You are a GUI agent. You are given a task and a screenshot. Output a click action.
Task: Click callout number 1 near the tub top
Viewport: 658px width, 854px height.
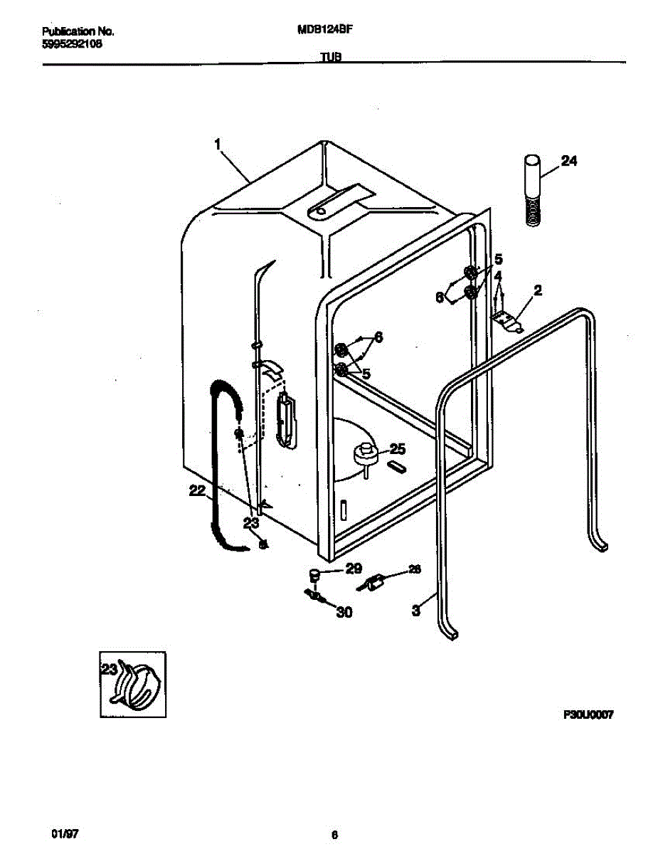[218, 144]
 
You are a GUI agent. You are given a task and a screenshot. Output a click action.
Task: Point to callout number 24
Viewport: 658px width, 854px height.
[568, 162]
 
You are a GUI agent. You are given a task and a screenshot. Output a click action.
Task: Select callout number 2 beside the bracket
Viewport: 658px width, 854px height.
[537, 290]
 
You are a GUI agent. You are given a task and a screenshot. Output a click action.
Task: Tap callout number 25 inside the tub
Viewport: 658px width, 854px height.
[397, 449]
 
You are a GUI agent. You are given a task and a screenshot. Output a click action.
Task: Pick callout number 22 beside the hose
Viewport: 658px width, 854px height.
[197, 490]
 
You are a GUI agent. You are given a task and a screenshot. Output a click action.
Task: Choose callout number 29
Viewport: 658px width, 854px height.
[354, 569]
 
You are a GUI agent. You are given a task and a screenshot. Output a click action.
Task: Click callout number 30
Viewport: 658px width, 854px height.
[344, 611]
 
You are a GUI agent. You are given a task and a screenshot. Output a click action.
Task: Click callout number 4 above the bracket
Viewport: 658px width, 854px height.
[499, 275]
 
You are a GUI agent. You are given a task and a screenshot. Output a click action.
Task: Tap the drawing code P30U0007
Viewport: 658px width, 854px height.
[588, 715]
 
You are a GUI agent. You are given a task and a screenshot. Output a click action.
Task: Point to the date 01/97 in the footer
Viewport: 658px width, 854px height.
[60, 833]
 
